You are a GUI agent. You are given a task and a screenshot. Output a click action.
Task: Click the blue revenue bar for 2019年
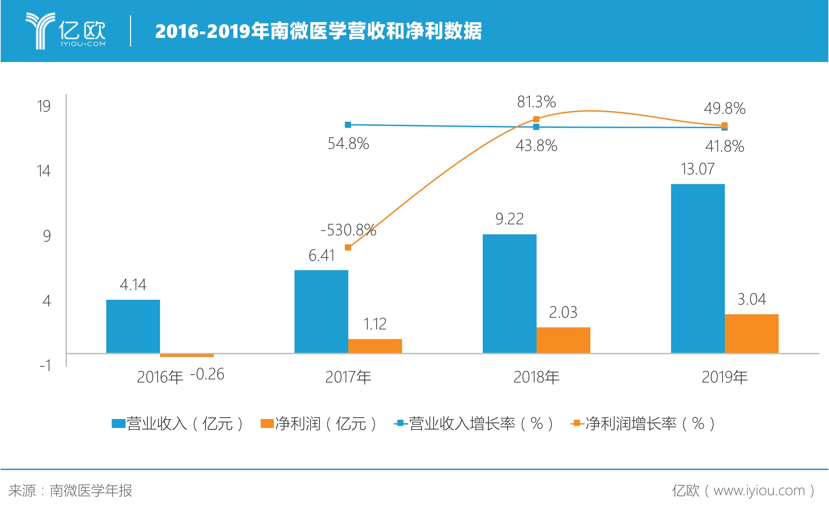point(698,268)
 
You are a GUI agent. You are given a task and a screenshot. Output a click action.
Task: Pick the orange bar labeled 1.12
point(375,346)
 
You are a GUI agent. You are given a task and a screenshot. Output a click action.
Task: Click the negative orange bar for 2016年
point(187,355)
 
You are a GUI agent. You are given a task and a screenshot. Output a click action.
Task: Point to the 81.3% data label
point(536,102)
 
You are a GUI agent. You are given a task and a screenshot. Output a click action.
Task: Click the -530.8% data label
point(348,230)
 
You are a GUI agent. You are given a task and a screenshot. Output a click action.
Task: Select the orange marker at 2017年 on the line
point(348,247)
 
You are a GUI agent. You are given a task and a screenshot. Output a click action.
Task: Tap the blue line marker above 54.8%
point(348,125)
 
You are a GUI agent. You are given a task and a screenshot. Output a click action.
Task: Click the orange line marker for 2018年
point(536,119)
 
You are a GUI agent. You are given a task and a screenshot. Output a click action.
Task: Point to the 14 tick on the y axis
point(44,171)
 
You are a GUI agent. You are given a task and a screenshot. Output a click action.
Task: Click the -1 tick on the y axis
point(45,365)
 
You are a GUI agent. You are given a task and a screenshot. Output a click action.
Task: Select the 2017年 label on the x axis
point(348,377)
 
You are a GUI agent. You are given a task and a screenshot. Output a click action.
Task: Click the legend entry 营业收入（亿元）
point(178,424)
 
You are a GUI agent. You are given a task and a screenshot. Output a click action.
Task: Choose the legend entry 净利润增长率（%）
point(643,424)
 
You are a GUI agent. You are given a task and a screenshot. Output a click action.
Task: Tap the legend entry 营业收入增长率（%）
point(474,424)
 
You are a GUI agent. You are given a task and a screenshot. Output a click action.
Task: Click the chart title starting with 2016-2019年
point(318,31)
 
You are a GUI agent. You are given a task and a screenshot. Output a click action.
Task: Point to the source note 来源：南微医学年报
point(70,490)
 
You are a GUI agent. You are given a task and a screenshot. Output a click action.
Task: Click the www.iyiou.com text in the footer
point(759,490)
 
